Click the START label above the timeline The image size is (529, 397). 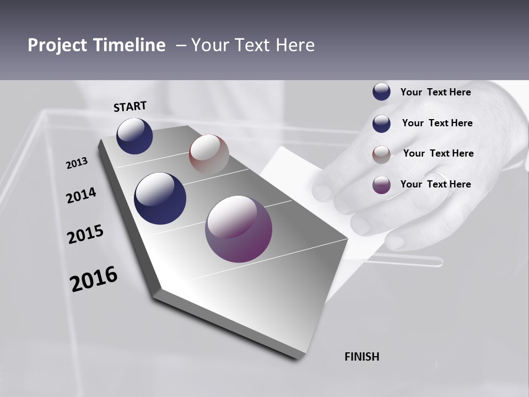point(130,106)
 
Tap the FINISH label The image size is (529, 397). point(361,357)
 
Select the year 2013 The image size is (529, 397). point(77,163)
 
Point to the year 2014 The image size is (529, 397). point(81,195)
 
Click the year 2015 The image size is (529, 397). point(85,234)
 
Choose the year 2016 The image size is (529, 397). point(94,279)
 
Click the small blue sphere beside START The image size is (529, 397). point(134,136)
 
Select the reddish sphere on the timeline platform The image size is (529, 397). point(209,154)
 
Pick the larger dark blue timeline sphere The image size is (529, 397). point(160,198)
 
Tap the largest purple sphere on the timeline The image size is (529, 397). point(239,229)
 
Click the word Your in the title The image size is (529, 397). point(210,45)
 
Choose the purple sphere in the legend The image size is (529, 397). point(381,185)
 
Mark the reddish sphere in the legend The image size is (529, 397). point(381,154)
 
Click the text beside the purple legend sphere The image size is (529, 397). point(435,184)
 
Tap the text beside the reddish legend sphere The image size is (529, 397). point(438,153)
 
